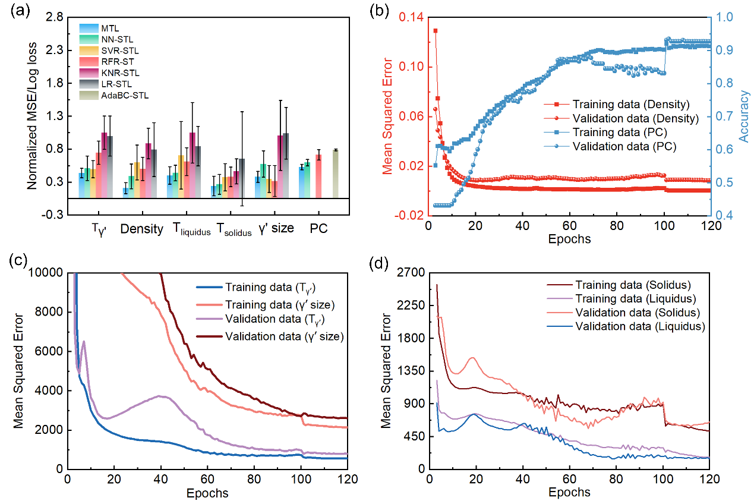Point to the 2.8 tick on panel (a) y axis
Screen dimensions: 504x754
pos(54,18)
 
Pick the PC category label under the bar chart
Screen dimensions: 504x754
pos(320,229)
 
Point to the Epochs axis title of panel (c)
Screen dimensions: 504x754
pos(207,493)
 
